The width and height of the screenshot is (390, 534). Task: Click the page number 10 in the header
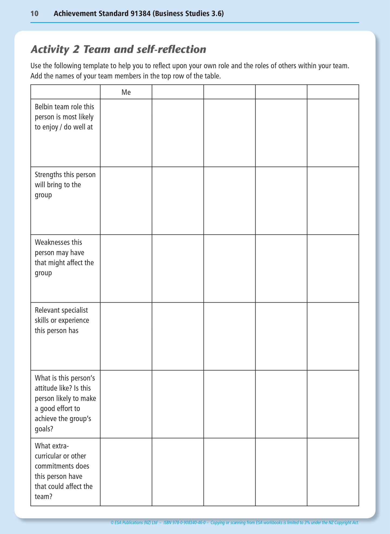(34, 13)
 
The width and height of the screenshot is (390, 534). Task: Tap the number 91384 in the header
(140, 13)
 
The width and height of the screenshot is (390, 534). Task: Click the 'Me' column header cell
(126, 92)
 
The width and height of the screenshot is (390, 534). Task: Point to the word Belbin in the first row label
(43, 107)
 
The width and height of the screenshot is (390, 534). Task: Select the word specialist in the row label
(75, 310)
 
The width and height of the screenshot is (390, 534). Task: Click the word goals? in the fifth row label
(44, 429)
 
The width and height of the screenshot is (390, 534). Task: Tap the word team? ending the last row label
(43, 496)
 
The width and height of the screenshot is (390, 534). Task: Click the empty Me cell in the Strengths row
(126, 201)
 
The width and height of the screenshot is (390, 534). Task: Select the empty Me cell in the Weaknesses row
(126, 268)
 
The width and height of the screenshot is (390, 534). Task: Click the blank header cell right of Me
(178, 92)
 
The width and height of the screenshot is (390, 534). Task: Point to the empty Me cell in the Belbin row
(126, 133)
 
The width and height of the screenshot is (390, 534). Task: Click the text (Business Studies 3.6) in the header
(188, 13)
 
